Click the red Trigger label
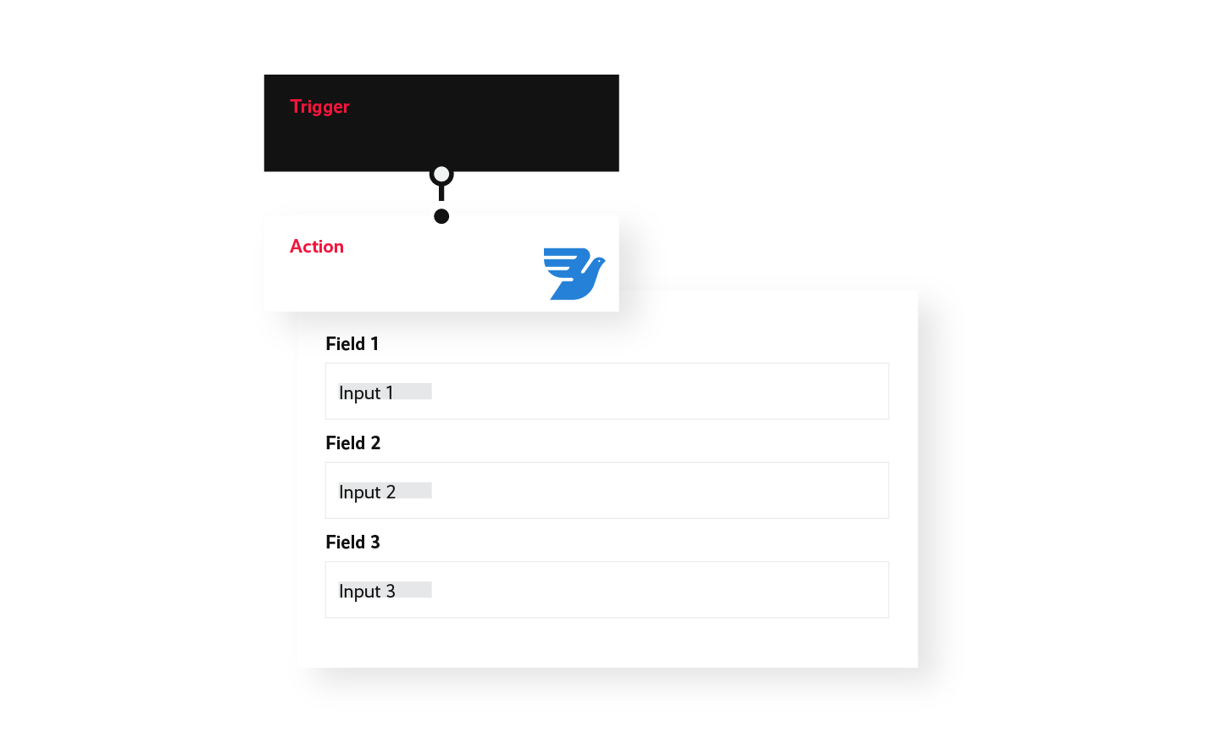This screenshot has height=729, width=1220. [319, 107]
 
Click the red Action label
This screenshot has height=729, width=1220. [317, 247]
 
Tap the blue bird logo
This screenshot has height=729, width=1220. [574, 274]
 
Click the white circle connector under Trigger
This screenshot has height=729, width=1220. [441, 175]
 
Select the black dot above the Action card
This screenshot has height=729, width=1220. [441, 216]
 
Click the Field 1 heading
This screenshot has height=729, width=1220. [352, 344]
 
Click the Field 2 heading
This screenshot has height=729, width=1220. [353, 443]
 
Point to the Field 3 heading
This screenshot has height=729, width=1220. [353, 543]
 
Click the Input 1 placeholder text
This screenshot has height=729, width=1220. [366, 392]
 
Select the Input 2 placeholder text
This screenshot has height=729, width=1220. [367, 492]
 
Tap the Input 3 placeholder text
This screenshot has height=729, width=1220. [367, 591]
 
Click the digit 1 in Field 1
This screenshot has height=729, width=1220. [374, 344]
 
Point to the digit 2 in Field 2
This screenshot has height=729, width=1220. [375, 443]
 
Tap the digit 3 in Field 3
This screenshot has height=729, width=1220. [375, 543]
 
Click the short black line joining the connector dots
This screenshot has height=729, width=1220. [441, 193]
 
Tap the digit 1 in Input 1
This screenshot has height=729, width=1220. [390, 392]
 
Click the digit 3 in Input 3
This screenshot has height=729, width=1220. [391, 591]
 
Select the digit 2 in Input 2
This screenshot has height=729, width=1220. [391, 492]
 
